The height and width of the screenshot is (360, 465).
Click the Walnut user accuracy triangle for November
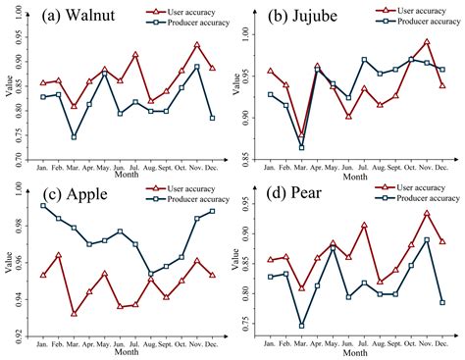coord(197,44)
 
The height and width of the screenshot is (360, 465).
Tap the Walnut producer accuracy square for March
coord(75,137)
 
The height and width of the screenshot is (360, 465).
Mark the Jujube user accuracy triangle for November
coord(427,42)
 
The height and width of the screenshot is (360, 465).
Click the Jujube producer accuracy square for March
coord(301,147)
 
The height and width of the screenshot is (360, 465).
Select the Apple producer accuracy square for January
coord(43,205)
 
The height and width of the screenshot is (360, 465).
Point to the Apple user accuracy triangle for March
coord(75,314)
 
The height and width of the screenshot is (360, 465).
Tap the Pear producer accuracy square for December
coord(441,302)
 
